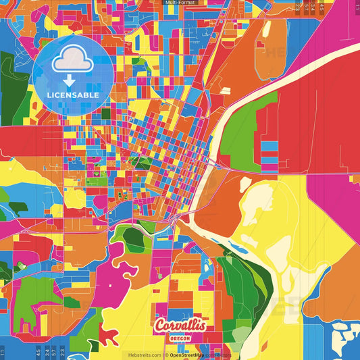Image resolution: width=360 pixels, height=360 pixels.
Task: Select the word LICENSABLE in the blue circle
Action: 72,95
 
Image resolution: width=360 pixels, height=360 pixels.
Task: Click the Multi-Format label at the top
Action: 180,3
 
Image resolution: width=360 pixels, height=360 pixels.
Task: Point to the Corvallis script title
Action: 180,326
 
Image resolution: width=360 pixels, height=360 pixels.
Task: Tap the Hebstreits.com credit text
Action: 141,355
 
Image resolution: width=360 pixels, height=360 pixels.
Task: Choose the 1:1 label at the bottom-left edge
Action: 3,351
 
